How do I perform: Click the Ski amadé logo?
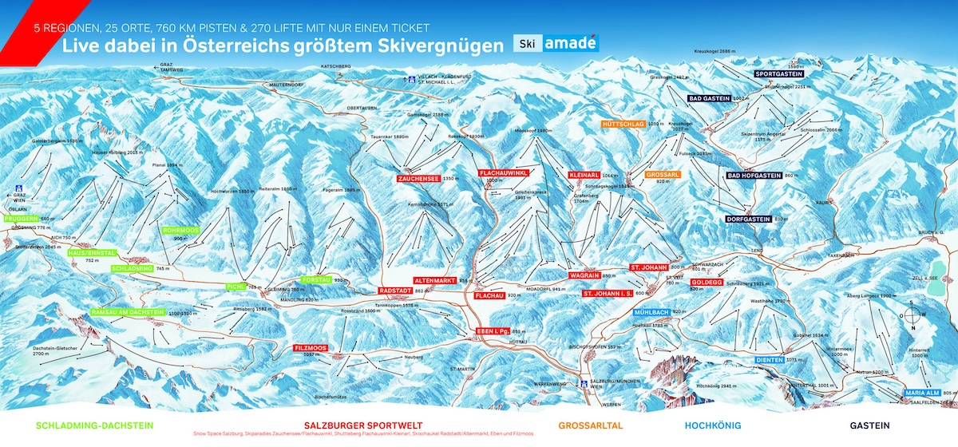pos(555,44)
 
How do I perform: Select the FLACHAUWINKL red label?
pos(505,172)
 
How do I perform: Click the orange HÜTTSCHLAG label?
pos(623,125)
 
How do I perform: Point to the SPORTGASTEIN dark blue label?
pos(779,73)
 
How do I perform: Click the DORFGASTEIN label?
pos(748,219)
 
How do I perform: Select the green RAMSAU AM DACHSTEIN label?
pos(127,312)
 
